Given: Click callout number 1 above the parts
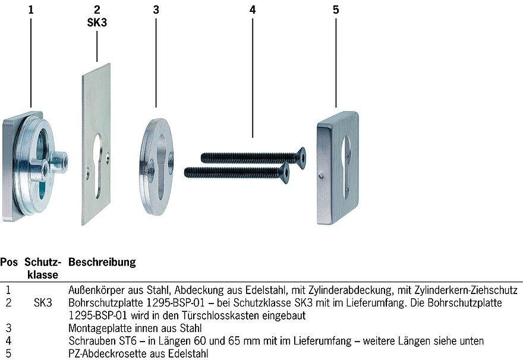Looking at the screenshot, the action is pos(31,10).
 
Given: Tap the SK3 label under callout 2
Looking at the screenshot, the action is pos(97,23).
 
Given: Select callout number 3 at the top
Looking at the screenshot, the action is pos(156,10).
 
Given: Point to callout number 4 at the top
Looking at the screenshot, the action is pos(253,10).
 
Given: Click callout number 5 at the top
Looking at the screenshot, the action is pos(336,10).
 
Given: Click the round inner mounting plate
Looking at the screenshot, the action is pos(156,167).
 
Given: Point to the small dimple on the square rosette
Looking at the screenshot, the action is pos(321,175).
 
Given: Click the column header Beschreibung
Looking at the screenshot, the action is pos(102,262).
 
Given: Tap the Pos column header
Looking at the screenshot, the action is pos(9,262).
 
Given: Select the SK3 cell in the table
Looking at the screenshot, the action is pos(43,302).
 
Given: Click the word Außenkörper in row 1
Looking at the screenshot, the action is pos(96,290).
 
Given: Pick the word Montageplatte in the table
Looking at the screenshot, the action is pos(101,329).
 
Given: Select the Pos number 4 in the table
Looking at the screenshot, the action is pos(9,341).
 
